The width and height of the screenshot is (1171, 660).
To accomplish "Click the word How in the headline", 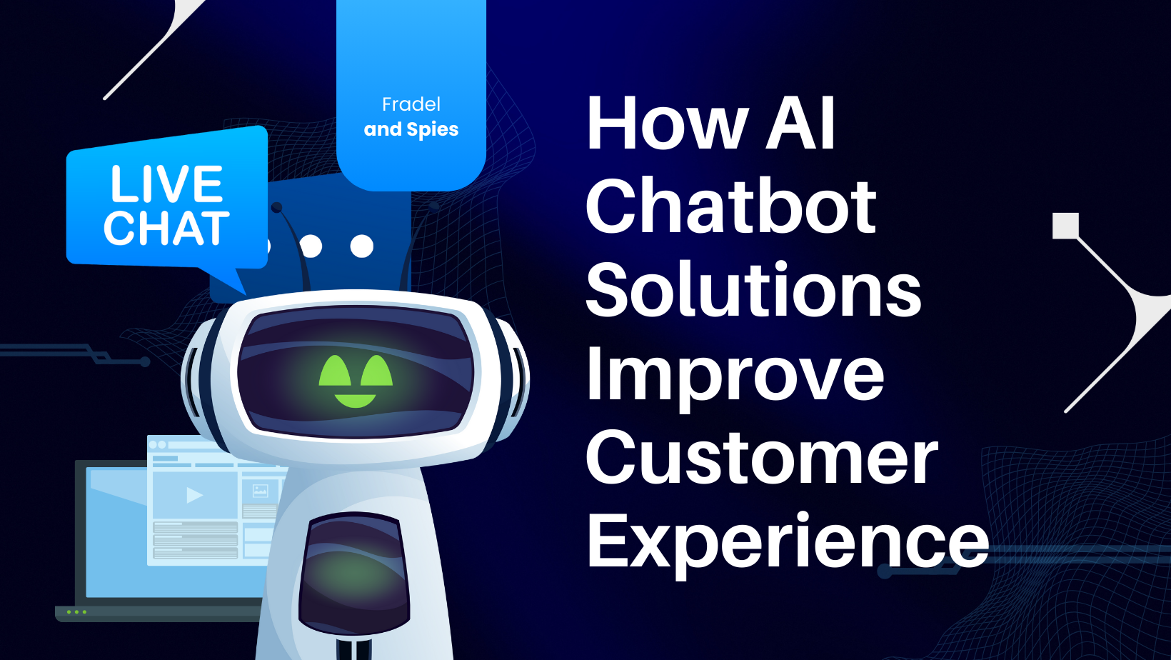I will tap(667, 124).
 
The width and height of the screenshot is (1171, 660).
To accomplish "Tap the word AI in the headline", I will tap(800, 124).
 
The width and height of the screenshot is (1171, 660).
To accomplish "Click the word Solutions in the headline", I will tap(753, 291).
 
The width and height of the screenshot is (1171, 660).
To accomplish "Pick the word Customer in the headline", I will tap(761, 459).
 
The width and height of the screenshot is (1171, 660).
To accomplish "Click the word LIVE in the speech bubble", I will tap(167, 184).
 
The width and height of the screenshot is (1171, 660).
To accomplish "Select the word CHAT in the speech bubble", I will tap(167, 229).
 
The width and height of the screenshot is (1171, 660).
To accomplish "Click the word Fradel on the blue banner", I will tap(411, 105).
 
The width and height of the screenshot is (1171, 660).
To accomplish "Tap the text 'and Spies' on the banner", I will tap(411, 129).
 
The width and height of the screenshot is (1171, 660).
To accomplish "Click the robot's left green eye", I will tap(334, 371).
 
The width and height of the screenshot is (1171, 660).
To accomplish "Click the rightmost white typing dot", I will tap(362, 246).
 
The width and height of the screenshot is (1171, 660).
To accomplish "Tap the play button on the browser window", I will tap(194, 494).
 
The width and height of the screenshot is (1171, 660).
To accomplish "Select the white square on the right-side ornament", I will tap(1065, 226).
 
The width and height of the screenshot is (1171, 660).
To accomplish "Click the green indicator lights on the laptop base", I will tap(76, 612).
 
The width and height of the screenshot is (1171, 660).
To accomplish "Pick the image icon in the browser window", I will tap(260, 491).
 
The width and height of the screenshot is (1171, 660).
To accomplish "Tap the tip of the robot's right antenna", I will tap(433, 206).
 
